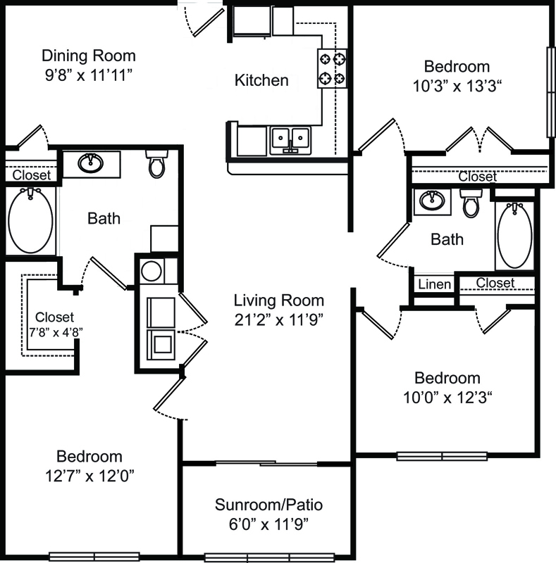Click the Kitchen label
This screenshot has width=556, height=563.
pyautogui.click(x=261, y=80)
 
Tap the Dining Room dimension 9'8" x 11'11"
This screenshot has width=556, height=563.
pyautogui.click(x=89, y=75)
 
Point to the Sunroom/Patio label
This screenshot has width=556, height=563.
pyautogui.click(x=268, y=505)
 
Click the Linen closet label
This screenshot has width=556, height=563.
pyautogui.click(x=435, y=284)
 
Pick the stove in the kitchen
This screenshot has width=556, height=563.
pyautogui.click(x=333, y=68)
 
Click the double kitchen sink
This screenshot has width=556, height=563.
pyautogui.click(x=290, y=140)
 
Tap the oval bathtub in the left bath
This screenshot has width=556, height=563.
pyautogui.click(x=30, y=220)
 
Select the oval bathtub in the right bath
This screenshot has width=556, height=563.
pyautogui.click(x=514, y=236)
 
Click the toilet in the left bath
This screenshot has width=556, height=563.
pyautogui.click(x=157, y=164)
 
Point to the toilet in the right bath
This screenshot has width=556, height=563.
pyautogui.click(x=471, y=203)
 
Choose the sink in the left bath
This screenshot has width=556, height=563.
pyautogui.click(x=91, y=163)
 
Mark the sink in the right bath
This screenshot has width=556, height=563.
pyautogui.click(x=431, y=201)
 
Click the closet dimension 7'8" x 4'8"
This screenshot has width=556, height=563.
pyautogui.click(x=56, y=332)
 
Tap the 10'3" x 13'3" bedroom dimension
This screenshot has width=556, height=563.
pyautogui.click(x=457, y=86)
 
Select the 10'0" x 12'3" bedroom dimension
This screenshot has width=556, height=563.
pyautogui.click(x=447, y=398)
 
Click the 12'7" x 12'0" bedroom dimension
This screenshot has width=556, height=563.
pyautogui.click(x=89, y=476)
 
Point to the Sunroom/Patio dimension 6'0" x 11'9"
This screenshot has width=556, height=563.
pyautogui.click(x=268, y=524)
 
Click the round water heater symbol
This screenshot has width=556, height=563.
pyautogui.click(x=152, y=271)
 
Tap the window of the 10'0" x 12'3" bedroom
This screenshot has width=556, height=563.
pyautogui.click(x=442, y=456)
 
